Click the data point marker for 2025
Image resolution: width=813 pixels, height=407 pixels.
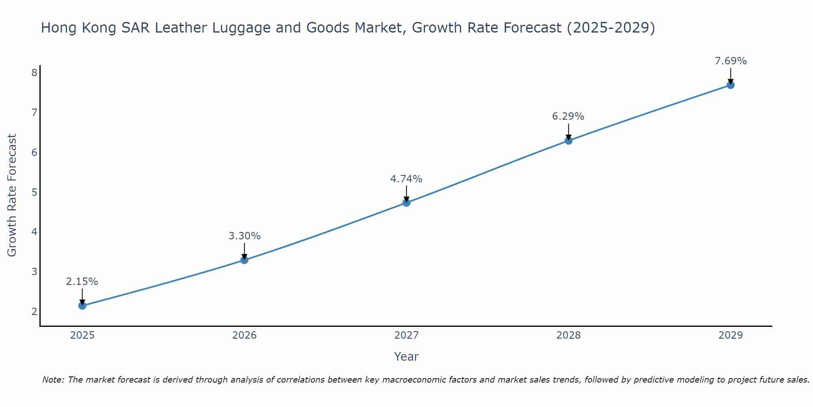point(82,306)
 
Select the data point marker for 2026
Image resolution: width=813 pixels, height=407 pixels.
point(244,260)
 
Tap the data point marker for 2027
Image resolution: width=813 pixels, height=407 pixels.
point(406,203)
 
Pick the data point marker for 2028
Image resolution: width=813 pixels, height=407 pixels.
point(568,141)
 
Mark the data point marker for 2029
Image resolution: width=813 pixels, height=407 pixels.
point(730,85)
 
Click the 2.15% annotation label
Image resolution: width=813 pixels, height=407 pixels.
point(82,282)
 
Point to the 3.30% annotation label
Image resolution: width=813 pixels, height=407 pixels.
point(244,236)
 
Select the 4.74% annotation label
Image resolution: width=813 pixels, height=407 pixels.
point(406,179)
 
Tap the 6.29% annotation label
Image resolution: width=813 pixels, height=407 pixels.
point(568,116)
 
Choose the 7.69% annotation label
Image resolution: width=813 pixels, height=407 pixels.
point(730,61)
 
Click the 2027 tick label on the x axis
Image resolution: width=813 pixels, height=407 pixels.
point(406,335)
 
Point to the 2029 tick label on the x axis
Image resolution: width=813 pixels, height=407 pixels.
point(730,335)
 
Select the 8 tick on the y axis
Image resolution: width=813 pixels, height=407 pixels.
point(34,73)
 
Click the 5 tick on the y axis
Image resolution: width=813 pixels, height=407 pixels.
point(34,192)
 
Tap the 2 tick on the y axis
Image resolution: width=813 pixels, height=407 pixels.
point(34,312)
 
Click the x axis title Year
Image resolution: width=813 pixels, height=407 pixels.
point(406,357)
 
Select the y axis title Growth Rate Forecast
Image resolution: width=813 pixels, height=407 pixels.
point(12,195)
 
